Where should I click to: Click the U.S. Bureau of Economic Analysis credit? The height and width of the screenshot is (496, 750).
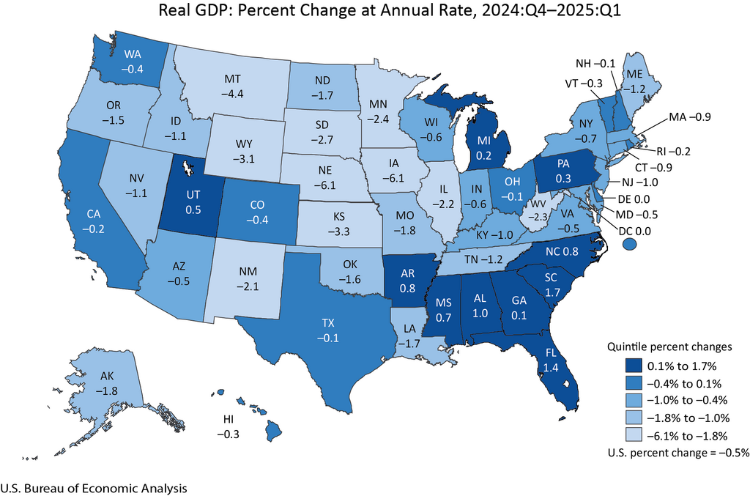pyautogui.click(x=94, y=488)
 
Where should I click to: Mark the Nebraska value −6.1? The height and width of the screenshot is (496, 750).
pyautogui.click(x=317, y=178)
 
